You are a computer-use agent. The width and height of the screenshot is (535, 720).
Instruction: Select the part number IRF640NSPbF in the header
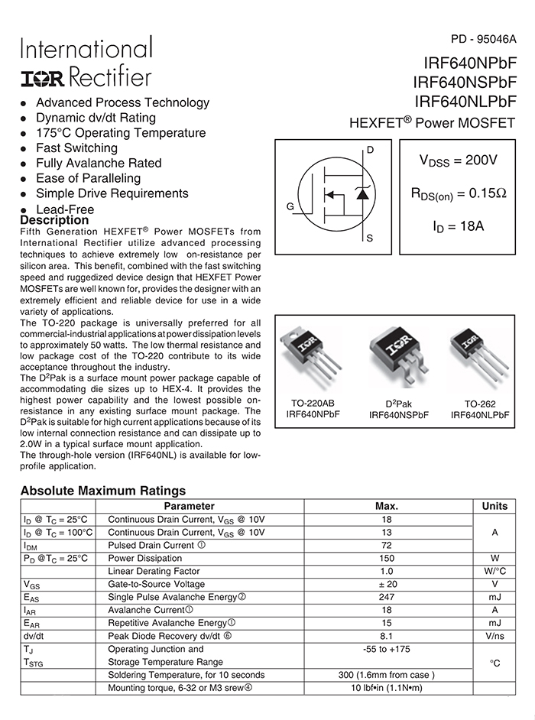pyautogui.click(x=465, y=82)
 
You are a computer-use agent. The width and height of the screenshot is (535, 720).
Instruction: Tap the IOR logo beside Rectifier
pyautogui.click(x=42, y=77)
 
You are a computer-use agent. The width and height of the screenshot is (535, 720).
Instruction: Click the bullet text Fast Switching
pyautogui.click(x=76, y=148)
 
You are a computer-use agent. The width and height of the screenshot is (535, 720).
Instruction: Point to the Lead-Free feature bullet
pyautogui.click(x=65, y=209)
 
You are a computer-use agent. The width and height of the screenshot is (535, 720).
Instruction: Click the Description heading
pyautogui.click(x=54, y=221)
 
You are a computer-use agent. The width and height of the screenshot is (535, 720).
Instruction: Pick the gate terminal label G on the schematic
pyautogui.click(x=290, y=207)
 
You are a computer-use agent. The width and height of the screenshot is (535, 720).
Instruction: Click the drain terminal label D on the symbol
pyautogui.click(x=371, y=150)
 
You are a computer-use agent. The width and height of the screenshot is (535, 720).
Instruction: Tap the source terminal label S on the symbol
pyautogui.click(x=370, y=238)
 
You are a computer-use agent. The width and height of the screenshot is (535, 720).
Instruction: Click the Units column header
pyautogui.click(x=494, y=506)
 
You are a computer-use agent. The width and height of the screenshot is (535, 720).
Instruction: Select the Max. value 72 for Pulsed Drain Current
pyautogui.click(x=387, y=545)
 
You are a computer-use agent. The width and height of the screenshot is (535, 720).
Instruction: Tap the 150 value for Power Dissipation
pyautogui.click(x=387, y=558)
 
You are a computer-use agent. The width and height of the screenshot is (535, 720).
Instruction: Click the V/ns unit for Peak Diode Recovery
pyautogui.click(x=494, y=636)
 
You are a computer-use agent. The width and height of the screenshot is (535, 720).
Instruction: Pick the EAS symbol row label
pyautogui.click(x=31, y=597)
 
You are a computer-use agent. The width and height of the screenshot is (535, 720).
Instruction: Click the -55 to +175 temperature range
pyautogui.click(x=387, y=649)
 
